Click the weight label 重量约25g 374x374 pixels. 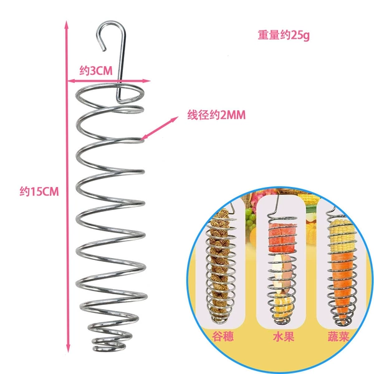click(x=284, y=36)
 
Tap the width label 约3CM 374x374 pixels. click(x=96, y=71)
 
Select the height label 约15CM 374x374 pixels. click(x=39, y=191)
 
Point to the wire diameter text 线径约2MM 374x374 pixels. click(x=216, y=115)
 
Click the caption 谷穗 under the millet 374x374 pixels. click(x=223, y=337)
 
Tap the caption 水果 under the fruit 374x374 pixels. click(x=284, y=337)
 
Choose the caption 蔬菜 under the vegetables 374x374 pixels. click(x=338, y=337)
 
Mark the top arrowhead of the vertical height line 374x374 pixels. click(x=67, y=24)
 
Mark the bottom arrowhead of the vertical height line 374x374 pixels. click(x=68, y=350)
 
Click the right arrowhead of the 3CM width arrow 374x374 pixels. click(x=147, y=80)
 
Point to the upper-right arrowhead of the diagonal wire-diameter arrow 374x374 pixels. click(x=175, y=118)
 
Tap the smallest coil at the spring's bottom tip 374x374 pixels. click(x=109, y=347)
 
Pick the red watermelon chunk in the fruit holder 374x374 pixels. click(x=282, y=237)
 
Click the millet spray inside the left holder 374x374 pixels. click(x=221, y=265)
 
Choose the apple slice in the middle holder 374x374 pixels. click(x=283, y=272)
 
